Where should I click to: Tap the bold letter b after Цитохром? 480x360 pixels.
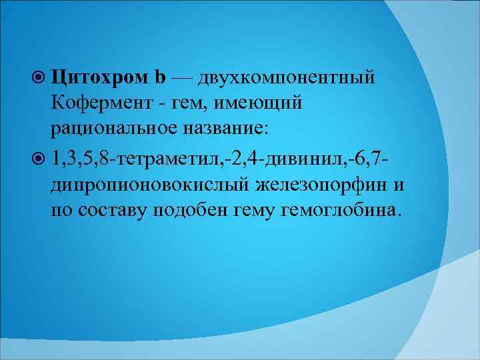coord(160,77)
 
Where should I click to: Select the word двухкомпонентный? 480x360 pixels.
coord(289,77)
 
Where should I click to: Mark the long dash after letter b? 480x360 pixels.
coord(183,77)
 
